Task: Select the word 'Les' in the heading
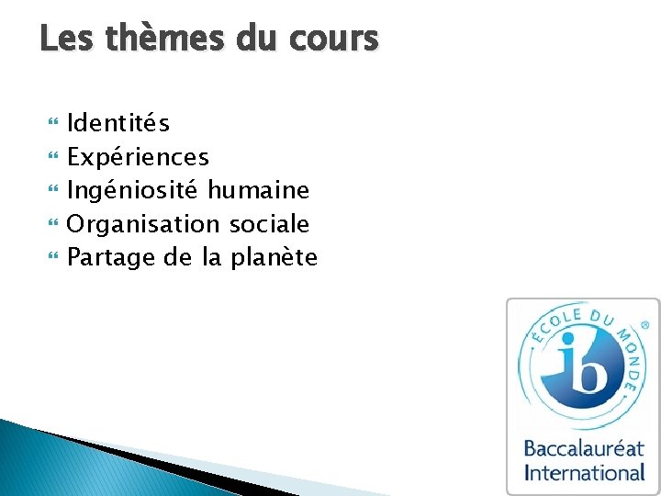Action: pyautogui.click(x=66, y=39)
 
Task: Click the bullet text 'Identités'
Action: pyautogui.click(x=118, y=123)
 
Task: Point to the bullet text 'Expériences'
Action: pyautogui.click(x=139, y=157)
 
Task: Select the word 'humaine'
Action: pyautogui.click(x=258, y=190)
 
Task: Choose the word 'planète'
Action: pyautogui.click(x=274, y=257)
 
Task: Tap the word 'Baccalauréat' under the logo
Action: pyautogui.click(x=584, y=450)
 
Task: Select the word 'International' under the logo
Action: pyautogui.click(x=584, y=473)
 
